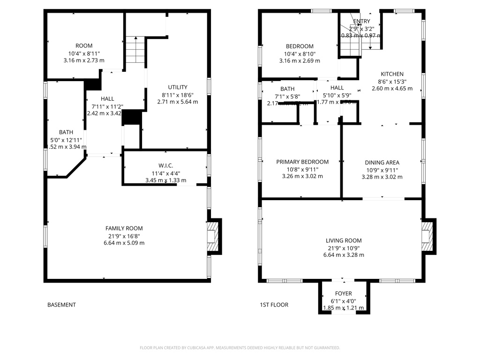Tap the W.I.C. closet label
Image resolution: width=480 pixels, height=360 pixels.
tap(166, 165)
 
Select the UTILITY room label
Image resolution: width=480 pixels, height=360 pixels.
tap(178, 87)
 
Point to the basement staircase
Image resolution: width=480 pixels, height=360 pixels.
tap(135, 51)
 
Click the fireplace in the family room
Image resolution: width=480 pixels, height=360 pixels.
tap(213, 237)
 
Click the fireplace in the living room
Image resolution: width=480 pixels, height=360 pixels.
tap(427, 237)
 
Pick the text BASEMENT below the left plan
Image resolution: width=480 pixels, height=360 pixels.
tap(61, 305)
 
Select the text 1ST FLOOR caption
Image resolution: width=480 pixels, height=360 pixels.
tap(274, 305)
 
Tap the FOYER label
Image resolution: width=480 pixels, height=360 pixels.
tap(343, 293)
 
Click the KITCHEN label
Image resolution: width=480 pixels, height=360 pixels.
tap(392, 74)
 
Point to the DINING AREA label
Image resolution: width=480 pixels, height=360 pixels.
tap(382, 163)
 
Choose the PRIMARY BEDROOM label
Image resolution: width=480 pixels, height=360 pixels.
tap(302, 162)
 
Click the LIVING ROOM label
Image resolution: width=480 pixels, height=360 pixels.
tap(344, 240)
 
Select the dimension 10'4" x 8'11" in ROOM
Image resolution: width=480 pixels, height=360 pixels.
tap(84, 53)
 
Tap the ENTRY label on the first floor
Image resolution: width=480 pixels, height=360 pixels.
tap(361, 22)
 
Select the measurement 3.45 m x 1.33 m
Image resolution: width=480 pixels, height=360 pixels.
tap(166, 180)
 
